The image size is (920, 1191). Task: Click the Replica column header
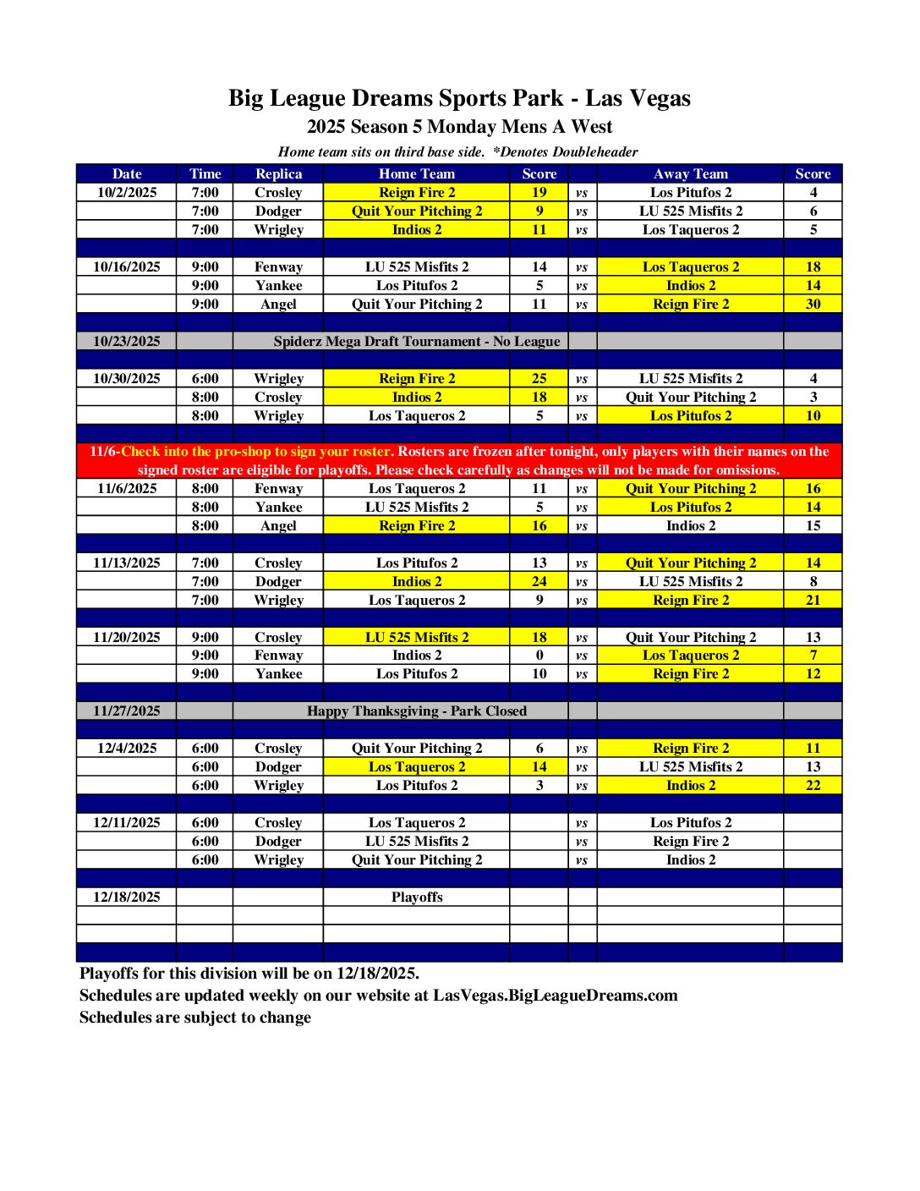click(x=278, y=173)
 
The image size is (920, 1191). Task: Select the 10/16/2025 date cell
click(x=127, y=266)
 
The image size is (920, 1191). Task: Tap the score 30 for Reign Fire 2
click(x=813, y=304)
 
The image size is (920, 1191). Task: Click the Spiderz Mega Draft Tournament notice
click(x=416, y=341)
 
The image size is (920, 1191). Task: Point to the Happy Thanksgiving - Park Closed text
click(x=416, y=711)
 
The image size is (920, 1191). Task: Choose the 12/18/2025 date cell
click(x=127, y=897)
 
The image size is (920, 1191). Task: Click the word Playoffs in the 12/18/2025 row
click(x=416, y=897)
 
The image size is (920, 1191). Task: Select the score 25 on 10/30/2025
click(x=539, y=378)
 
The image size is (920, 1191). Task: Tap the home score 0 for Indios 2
click(x=539, y=655)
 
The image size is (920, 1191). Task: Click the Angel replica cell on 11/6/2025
click(x=278, y=525)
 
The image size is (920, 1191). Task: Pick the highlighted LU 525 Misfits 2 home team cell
click(x=416, y=637)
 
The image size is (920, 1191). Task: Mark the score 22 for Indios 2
click(x=813, y=785)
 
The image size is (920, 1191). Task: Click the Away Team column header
click(x=690, y=173)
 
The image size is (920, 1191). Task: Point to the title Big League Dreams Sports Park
click(x=459, y=98)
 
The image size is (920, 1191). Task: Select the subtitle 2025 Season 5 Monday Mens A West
click(x=459, y=127)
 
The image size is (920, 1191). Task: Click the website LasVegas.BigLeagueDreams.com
click(x=556, y=995)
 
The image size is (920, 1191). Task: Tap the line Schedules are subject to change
click(x=195, y=1017)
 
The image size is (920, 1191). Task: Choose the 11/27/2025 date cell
click(x=127, y=711)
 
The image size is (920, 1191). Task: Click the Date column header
click(x=127, y=173)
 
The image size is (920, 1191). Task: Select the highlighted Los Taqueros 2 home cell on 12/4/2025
click(x=416, y=766)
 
